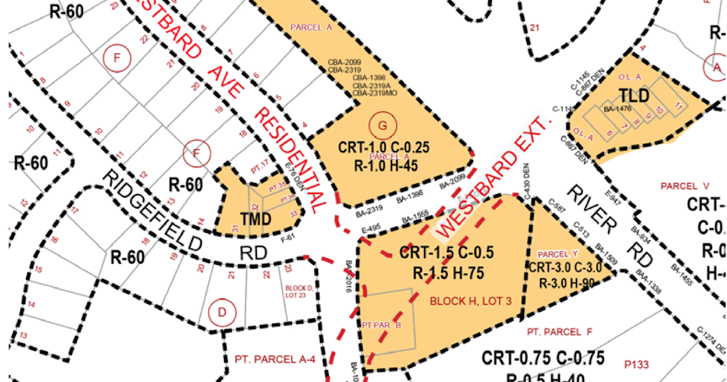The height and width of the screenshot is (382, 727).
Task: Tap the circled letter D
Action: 221,313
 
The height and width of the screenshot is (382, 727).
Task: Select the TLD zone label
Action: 634,96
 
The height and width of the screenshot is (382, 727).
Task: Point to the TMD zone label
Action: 256,219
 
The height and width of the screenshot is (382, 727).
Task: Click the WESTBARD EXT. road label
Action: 494,175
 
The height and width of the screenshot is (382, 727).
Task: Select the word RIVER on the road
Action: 591,206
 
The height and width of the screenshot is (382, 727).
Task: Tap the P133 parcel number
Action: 636,364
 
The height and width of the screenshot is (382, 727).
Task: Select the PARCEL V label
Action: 685,186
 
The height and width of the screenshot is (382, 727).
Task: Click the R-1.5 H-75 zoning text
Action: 442,273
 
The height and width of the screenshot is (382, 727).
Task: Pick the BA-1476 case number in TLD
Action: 618,109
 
